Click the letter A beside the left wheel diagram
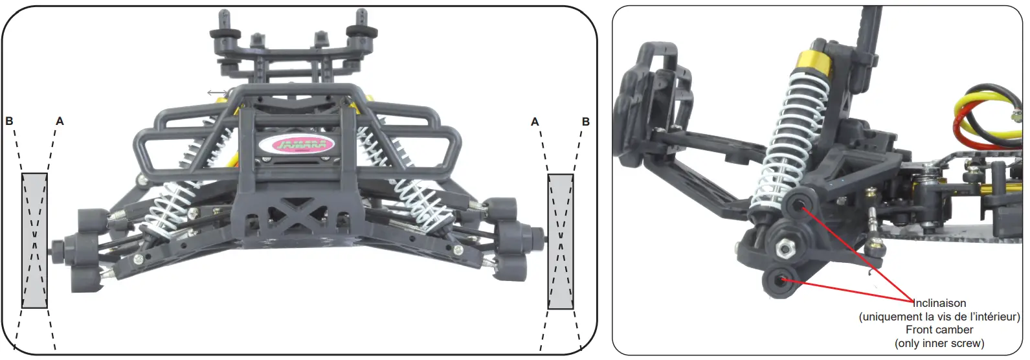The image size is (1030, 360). [x=60, y=121]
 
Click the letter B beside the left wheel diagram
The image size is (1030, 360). [x=9, y=121]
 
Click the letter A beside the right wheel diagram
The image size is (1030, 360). [x=535, y=122]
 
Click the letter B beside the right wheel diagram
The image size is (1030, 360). [x=586, y=122]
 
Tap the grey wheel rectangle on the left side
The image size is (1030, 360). [x=35, y=240]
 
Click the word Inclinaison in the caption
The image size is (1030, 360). [x=939, y=303]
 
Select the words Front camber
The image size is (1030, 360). [x=939, y=330]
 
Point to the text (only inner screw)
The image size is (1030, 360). [x=939, y=343]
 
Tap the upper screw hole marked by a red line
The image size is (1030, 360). [x=803, y=207]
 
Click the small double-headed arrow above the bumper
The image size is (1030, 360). [x=218, y=93]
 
